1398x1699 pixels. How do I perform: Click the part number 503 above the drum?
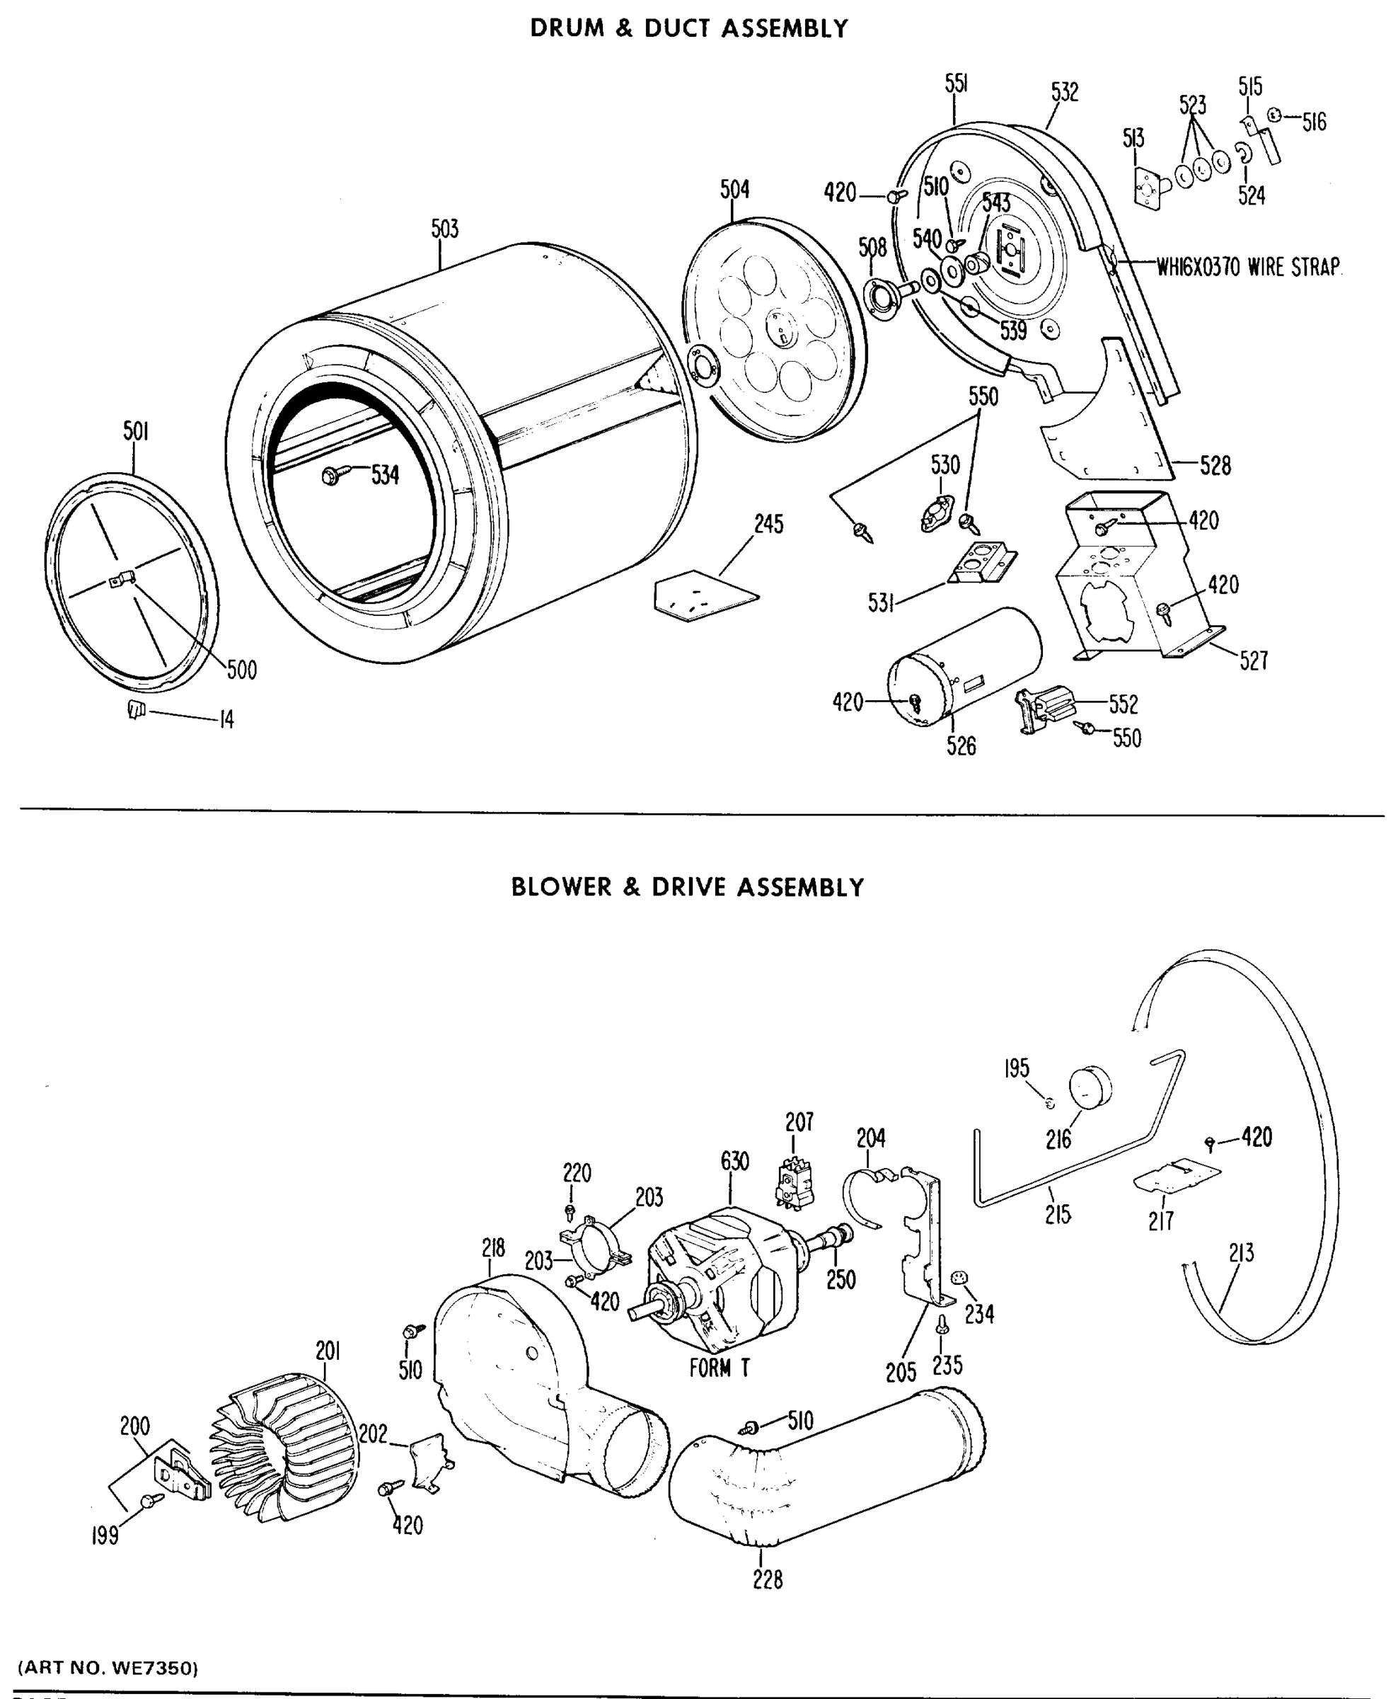[444, 229]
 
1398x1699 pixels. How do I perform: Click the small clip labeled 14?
[135, 710]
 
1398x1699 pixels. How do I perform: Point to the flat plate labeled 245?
[705, 596]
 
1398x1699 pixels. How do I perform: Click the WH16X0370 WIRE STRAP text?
[1248, 267]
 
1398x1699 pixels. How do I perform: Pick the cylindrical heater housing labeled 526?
[964, 664]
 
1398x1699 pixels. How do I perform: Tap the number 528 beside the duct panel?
[1215, 465]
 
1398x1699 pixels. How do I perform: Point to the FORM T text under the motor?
[719, 1368]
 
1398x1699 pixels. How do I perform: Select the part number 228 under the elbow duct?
[768, 1580]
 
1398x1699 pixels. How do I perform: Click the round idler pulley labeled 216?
[1090, 1085]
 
